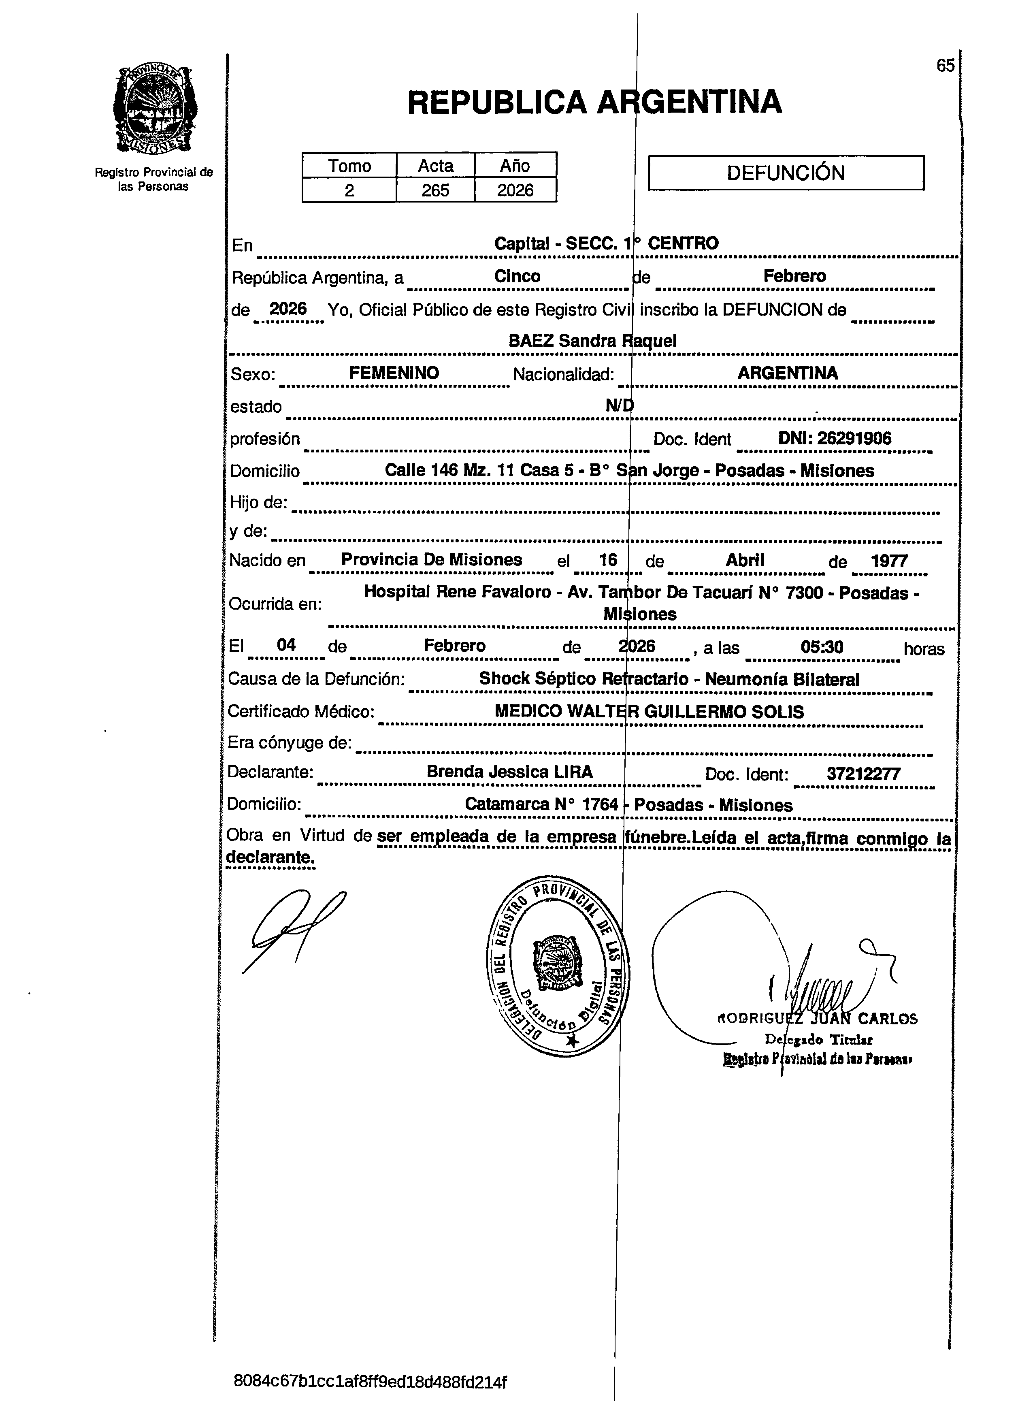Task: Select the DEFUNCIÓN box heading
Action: (x=786, y=173)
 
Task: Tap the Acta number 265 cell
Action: (x=435, y=190)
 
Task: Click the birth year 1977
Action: (x=889, y=561)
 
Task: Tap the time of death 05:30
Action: (x=822, y=646)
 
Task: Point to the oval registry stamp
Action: (x=557, y=966)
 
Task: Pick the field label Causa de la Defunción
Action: (x=316, y=679)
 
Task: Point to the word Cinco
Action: (x=517, y=276)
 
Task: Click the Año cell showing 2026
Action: (x=515, y=190)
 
